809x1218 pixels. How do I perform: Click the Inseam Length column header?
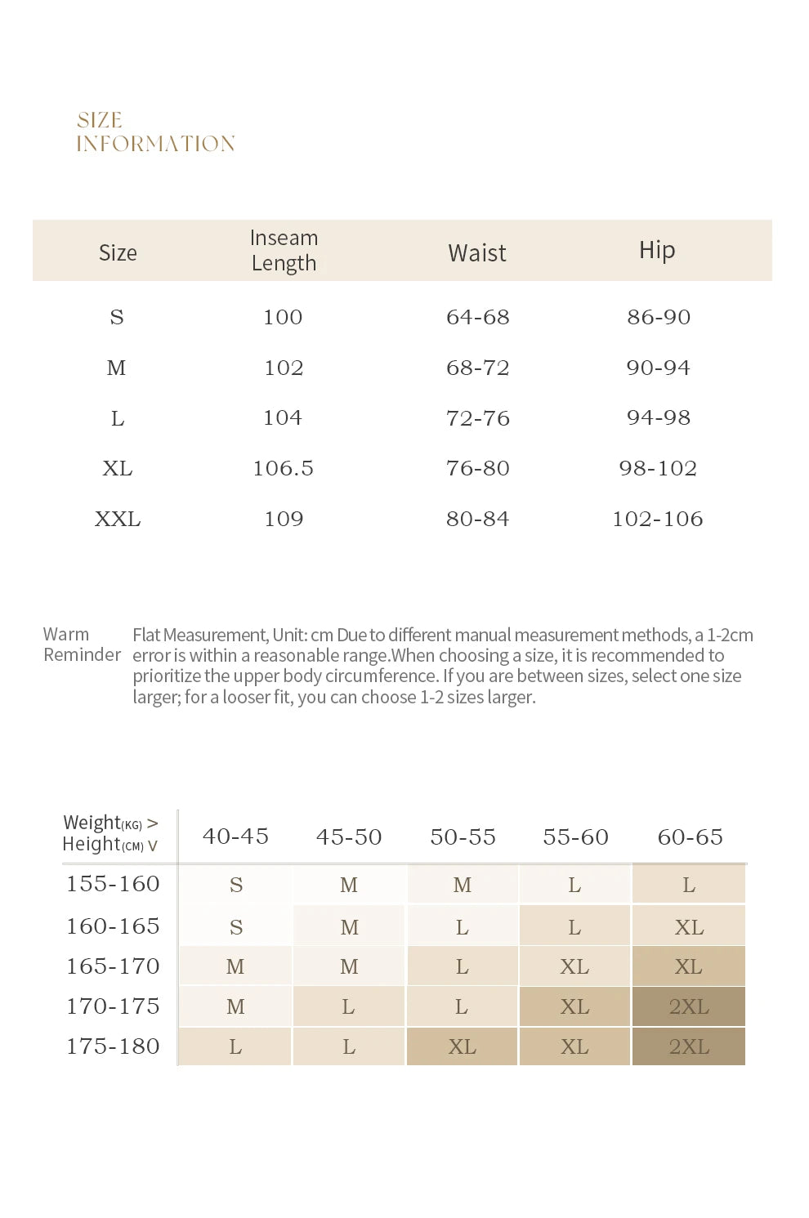[284, 250]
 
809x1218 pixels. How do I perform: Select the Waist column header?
[477, 253]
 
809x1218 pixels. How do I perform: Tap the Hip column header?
[657, 251]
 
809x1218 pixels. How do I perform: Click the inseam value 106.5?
[284, 468]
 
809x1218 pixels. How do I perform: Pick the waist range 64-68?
[478, 317]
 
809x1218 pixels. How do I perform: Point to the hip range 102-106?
[658, 519]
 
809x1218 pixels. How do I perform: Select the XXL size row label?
[118, 519]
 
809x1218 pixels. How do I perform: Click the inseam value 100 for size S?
[283, 317]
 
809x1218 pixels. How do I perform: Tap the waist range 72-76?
[478, 418]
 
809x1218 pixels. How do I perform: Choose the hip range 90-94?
[659, 368]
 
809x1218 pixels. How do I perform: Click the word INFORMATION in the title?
[155, 144]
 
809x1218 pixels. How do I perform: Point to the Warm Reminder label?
[82, 645]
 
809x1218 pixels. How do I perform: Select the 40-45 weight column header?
[235, 837]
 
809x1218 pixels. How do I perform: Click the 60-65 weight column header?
[691, 837]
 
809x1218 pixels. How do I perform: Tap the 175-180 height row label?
[113, 1046]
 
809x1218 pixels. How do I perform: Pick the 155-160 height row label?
[113, 884]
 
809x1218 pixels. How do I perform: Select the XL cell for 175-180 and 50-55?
[462, 1046]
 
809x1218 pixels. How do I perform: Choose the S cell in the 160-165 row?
[236, 926]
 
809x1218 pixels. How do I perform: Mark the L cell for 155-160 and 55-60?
[574, 885]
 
